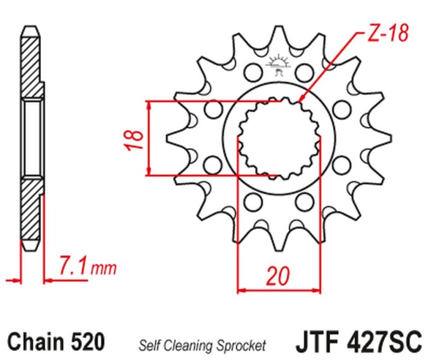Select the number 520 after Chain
(86, 342)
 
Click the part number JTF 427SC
(357, 342)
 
